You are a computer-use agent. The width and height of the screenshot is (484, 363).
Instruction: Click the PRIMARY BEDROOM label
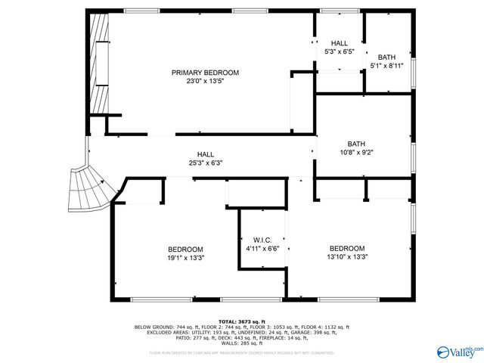(205, 73)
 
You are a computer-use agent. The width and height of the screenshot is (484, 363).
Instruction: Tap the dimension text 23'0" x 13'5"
(205, 81)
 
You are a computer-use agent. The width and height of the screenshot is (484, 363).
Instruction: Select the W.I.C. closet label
(262, 240)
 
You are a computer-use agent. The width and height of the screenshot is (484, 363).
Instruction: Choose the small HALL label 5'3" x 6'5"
(340, 44)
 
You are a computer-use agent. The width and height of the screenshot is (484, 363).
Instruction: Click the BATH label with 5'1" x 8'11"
(386, 57)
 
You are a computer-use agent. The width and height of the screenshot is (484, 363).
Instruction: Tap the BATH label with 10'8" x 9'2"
(356, 144)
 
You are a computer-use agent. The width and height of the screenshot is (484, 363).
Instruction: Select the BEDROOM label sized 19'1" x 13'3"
(185, 250)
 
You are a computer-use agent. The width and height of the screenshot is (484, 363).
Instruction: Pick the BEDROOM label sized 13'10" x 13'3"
(347, 248)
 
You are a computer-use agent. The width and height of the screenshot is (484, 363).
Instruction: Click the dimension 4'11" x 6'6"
(262, 248)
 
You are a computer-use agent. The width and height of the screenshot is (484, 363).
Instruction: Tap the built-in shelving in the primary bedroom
(98, 64)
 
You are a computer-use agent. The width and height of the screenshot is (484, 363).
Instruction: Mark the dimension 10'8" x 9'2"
(356, 152)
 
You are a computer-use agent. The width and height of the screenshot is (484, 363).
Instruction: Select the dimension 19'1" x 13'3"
(185, 258)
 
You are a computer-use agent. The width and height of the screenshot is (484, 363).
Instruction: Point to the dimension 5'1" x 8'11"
(386, 66)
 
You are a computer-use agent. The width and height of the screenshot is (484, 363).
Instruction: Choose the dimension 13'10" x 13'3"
(347, 256)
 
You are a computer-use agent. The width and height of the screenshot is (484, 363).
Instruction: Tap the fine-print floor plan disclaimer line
(241, 352)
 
